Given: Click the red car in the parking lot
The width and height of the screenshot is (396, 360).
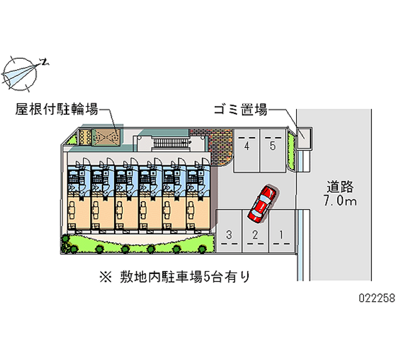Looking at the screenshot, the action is (x=262, y=204).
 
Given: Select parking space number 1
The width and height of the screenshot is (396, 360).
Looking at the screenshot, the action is (x=282, y=231).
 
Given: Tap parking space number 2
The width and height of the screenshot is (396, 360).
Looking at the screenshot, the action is (x=255, y=231).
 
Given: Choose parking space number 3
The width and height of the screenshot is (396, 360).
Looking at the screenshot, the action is (x=229, y=231).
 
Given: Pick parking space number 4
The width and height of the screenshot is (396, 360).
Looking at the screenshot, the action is (x=247, y=151).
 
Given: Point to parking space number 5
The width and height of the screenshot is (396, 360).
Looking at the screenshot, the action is (x=273, y=151).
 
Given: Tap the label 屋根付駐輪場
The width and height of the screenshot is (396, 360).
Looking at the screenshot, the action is (x=56, y=109).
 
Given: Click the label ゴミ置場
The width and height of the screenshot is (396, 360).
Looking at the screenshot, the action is (x=241, y=110).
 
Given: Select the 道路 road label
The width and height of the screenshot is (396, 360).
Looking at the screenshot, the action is (x=340, y=187).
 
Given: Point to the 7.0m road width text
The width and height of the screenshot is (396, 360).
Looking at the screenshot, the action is (x=340, y=201).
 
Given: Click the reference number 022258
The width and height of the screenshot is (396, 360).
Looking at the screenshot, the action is (x=377, y=298).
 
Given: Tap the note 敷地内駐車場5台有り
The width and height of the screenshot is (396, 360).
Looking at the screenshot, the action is (x=185, y=277).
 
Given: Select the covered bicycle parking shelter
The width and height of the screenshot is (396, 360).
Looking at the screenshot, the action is (x=105, y=138).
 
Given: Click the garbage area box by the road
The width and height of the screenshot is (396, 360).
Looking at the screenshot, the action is (x=304, y=138).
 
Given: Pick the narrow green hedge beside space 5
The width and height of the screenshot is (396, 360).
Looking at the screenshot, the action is (x=292, y=151).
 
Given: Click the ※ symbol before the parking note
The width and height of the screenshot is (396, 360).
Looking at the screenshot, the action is (x=105, y=277).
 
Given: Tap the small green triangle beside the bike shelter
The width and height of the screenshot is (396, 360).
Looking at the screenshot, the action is (x=73, y=139).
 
